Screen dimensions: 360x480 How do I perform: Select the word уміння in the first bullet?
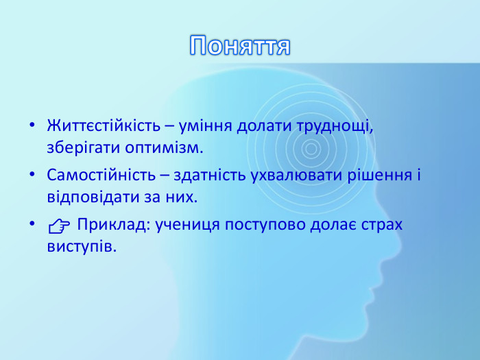[x=205, y=127]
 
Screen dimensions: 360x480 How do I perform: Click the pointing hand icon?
[x=58, y=226]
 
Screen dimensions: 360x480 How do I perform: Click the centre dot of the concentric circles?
[x=310, y=149]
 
